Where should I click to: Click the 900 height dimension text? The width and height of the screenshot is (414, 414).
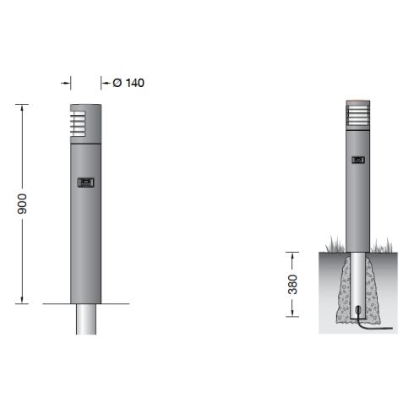pos(24,203)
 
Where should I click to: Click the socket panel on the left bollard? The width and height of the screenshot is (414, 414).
pos(85,182)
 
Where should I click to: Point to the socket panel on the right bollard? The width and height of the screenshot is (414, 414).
pos(359,158)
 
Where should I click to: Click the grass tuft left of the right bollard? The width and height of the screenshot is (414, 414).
pos(333,248)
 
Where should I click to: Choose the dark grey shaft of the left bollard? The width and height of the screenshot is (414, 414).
pos(85,237)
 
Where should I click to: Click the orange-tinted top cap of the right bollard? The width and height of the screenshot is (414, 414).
pos(357,106)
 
